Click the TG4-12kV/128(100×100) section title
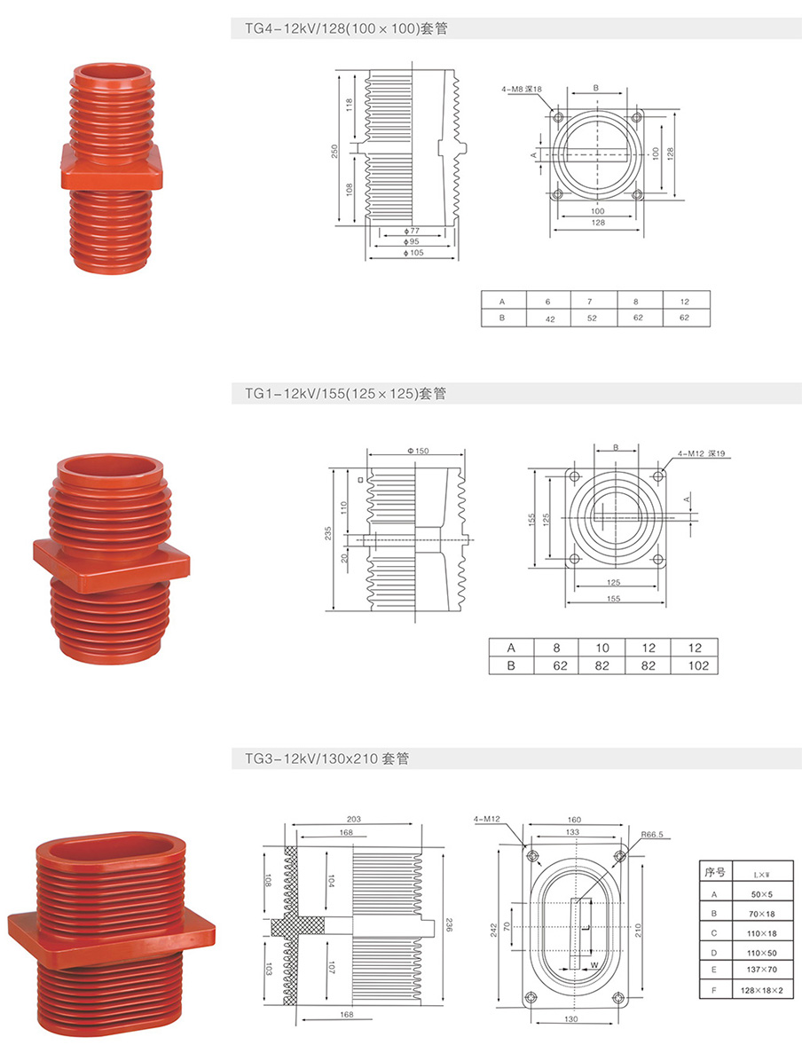click(x=346, y=29)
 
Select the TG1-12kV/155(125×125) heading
click(x=345, y=394)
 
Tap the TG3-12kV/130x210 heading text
click(x=327, y=758)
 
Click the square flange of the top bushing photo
click(x=112, y=167)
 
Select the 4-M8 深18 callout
click(x=522, y=89)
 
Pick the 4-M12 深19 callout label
click(x=701, y=453)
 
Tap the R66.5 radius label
click(x=651, y=835)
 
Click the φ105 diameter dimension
click(x=413, y=253)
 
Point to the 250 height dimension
click(x=334, y=151)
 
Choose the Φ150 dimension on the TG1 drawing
click(x=417, y=451)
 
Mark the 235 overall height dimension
click(x=327, y=532)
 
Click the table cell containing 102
click(x=698, y=665)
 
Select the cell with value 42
click(x=550, y=318)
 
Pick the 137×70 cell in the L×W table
click(x=763, y=970)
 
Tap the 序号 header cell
click(x=714, y=873)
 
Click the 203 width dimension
click(x=354, y=820)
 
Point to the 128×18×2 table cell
click(x=763, y=990)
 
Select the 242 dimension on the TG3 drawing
click(x=494, y=930)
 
